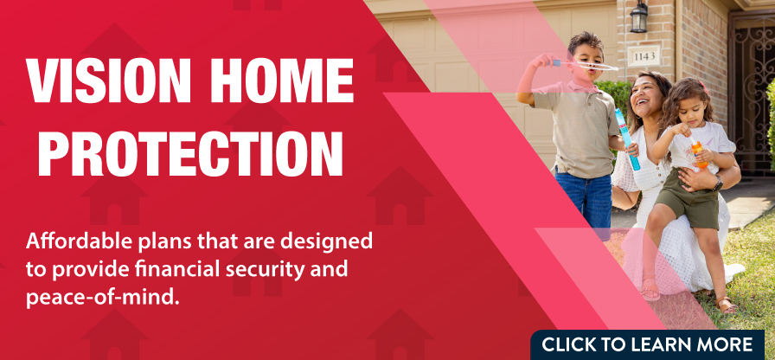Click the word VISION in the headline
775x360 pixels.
click(108, 80)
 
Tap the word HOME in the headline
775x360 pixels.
click(281, 80)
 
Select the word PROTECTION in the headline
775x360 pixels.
click(190, 152)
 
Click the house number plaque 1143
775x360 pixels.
click(644, 56)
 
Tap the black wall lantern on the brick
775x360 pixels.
click(639, 16)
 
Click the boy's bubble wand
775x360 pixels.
click(586, 64)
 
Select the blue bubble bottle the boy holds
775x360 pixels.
click(627, 139)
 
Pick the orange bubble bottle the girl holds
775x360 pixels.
click(697, 153)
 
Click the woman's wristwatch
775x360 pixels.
click(718, 183)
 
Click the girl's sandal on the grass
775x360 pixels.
click(727, 305)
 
